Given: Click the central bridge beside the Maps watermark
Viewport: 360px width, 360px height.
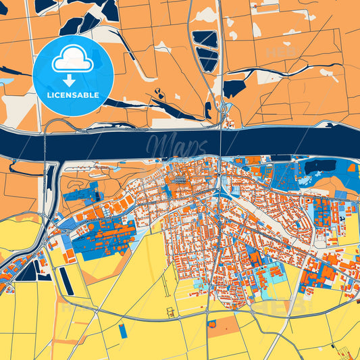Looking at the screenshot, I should (221, 143).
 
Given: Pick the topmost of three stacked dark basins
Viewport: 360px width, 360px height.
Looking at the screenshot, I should (205, 39).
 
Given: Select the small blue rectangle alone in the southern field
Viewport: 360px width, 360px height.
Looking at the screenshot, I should (122, 331).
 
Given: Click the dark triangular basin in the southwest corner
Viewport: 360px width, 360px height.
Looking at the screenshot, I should (28, 271).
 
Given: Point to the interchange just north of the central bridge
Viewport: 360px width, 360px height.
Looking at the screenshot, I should (223, 111).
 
